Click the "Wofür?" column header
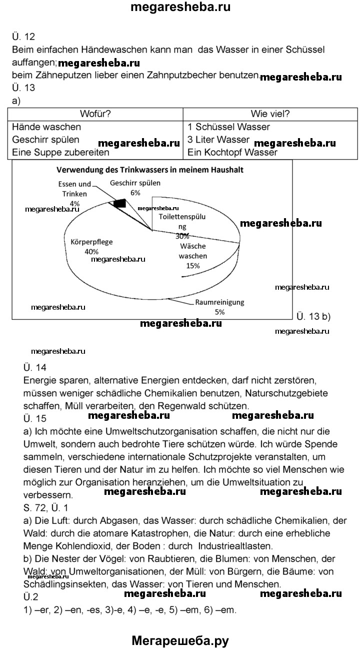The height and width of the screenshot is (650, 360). [x=95, y=114]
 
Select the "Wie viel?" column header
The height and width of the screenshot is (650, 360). [x=270, y=114]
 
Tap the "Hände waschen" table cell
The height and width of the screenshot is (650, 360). [x=46, y=127]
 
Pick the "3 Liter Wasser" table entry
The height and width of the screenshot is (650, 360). [x=218, y=140]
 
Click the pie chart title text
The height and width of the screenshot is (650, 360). [x=150, y=170]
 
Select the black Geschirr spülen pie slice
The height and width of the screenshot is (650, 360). [x=119, y=203]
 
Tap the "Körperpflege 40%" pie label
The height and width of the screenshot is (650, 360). [x=92, y=246]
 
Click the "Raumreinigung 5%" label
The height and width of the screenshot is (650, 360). [x=219, y=307]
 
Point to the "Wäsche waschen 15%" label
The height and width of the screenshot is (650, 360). [x=192, y=256]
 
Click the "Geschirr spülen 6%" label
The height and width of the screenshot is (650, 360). [x=135, y=188]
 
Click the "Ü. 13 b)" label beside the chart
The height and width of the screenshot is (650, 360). [x=313, y=316]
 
